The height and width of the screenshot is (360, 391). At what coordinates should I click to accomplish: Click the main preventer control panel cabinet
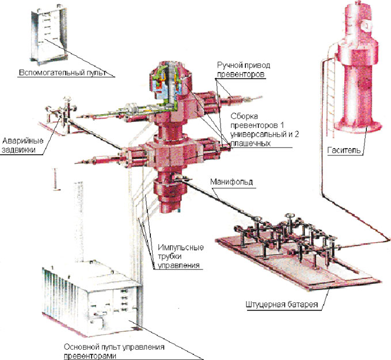pyautogui.click(x=92, y=300)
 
